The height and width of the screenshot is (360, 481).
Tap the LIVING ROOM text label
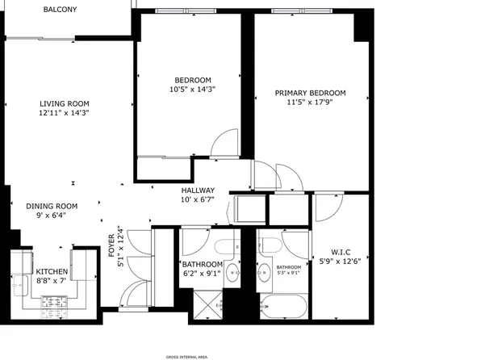pyautogui.click(x=65, y=103)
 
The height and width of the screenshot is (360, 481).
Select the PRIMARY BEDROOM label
pyautogui.click(x=310, y=93)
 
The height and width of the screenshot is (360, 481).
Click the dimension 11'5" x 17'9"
pyautogui.click(x=310, y=103)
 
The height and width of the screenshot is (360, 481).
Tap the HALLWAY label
pyautogui.click(x=197, y=190)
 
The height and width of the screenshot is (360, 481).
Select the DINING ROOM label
pyautogui.click(x=51, y=206)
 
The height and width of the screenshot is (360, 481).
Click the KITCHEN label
pyautogui.click(x=52, y=272)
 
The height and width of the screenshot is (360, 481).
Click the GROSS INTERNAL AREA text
pyautogui.click(x=186, y=355)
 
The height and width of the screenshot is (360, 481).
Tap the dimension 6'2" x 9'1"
pyautogui.click(x=202, y=274)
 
